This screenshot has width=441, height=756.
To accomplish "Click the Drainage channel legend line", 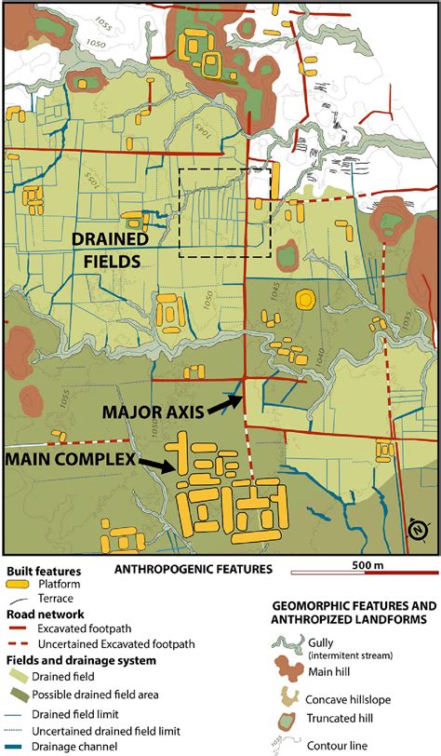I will [x=18, y=746].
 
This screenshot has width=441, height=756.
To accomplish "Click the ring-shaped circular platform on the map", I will [x=304, y=300].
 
